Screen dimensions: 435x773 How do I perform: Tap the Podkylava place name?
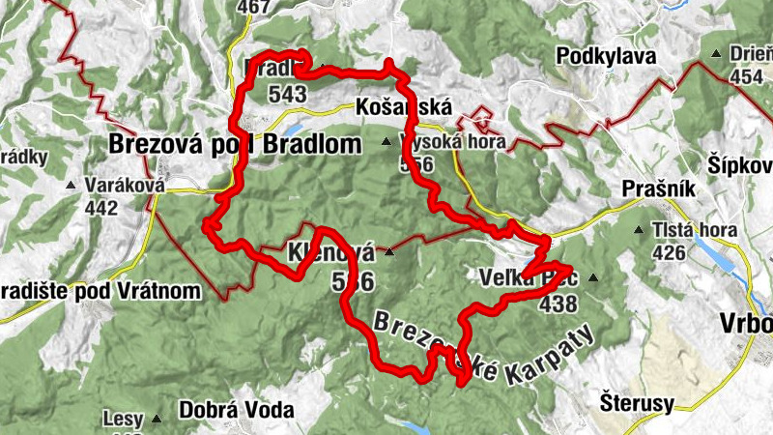pos(606,57)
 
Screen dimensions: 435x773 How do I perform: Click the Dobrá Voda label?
pos(236,410)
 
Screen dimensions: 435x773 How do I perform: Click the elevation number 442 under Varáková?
pos(100,208)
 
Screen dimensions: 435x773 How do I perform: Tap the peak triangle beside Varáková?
pos(70,185)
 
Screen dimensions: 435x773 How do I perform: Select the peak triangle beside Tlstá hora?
pos(639,231)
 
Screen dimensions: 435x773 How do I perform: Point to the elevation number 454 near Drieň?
pos(747,76)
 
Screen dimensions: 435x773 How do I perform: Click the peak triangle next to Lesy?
pos(156,420)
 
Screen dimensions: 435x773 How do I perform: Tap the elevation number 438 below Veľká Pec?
pos(559,305)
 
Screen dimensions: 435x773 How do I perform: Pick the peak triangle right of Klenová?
pos(388,252)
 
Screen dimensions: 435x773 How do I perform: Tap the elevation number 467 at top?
pos(252,7)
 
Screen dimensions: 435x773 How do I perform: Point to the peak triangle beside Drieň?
pos(716,54)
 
